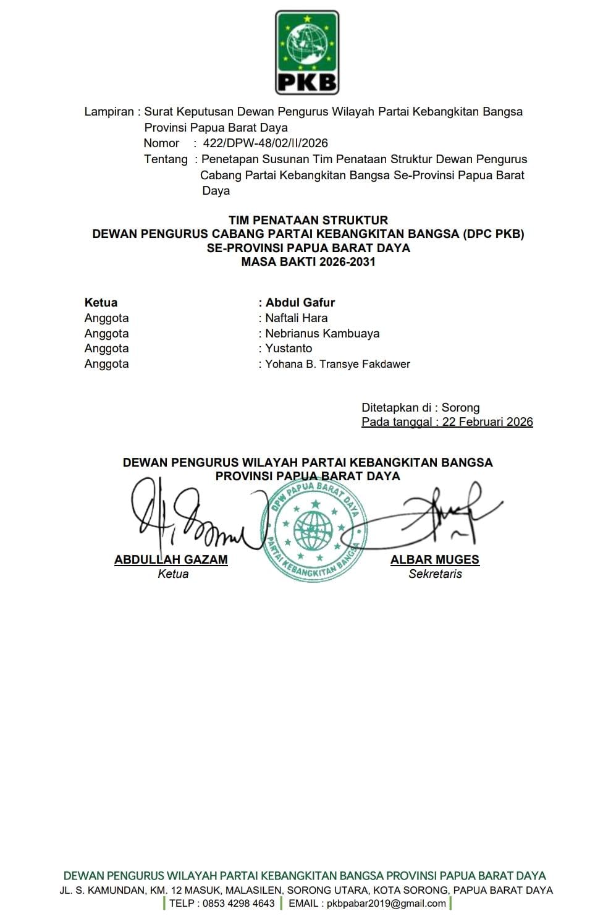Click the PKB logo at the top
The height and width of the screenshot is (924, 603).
306,53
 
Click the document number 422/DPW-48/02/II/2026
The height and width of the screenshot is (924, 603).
265,143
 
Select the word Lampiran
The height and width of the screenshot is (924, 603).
109,112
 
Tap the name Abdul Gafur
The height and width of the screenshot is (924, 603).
300,303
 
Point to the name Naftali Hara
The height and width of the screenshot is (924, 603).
297,318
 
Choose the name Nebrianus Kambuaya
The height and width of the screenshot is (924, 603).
323,334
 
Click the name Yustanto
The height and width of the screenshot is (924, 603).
289,349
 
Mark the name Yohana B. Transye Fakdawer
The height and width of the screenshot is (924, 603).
337,364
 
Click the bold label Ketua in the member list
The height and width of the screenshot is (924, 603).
101,303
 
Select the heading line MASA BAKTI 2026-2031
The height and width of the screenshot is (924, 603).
308,261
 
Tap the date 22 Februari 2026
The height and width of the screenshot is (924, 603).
487,422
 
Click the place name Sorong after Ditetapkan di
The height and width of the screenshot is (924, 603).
460,408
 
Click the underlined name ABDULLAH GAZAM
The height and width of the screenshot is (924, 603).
171,560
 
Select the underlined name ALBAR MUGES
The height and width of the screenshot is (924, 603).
435,560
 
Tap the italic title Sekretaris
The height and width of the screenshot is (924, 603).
435,574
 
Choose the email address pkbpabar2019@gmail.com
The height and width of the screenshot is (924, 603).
386,904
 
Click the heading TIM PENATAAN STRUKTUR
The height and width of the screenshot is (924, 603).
308,220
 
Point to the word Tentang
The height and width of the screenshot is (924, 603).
166,159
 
